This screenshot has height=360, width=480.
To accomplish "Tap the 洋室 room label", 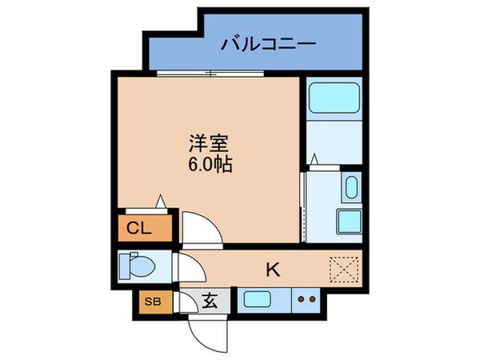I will [210, 144].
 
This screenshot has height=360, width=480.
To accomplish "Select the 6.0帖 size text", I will [210, 167].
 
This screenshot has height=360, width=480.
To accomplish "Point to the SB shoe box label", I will [151, 302].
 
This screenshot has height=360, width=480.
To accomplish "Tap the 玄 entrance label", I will [210, 302].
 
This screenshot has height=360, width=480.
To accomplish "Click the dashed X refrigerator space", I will [346, 270].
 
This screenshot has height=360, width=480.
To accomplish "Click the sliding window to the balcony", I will [210, 74].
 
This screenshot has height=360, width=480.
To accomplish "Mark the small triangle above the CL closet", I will [162, 202].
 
